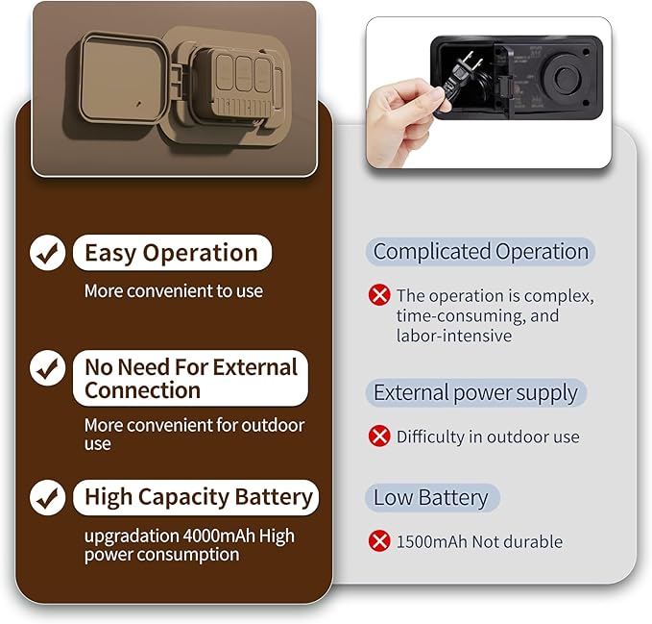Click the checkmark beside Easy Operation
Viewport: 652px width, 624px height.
47,253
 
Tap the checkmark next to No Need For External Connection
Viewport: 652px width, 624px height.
47,368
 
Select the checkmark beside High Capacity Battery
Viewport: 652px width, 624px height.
47,497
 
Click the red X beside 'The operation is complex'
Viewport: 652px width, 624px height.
379,295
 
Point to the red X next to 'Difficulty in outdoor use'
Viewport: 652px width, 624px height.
379,436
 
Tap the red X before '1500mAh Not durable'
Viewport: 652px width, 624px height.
379,540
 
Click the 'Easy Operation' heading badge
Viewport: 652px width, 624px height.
172,253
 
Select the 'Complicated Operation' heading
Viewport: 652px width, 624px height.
480,252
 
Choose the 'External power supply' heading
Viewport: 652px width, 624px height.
475,392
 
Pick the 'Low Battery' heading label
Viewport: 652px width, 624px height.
432,497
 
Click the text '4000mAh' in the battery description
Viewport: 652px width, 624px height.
219,536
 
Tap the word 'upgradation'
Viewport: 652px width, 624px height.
132,537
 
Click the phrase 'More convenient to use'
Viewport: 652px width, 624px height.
174,291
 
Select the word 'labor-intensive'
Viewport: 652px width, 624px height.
454,336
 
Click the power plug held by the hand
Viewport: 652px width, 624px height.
462,76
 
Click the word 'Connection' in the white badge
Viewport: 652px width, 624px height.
143,390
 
